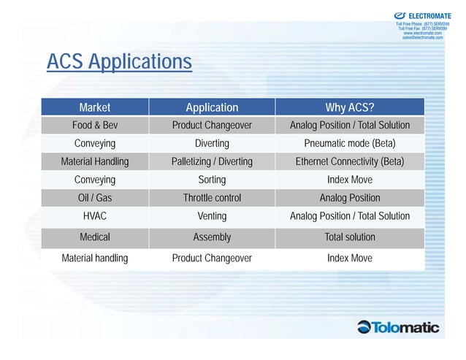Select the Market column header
tap(95, 107)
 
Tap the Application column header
tap(212, 107)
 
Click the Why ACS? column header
tap(350, 107)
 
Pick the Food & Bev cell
tap(95, 126)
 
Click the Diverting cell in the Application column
tap(212, 143)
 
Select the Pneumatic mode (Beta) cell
tap(350, 143)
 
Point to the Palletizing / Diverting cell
tap(212, 161)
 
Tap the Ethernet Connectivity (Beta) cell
tap(350, 161)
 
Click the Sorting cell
tap(212, 180)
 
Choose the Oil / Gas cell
tap(95, 198)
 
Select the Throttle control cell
tap(212, 198)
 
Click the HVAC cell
tap(95, 216)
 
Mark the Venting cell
tap(212, 216)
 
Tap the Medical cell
tap(95, 237)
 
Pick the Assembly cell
tap(212, 237)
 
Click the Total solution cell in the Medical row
tap(350, 237)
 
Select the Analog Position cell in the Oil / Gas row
tap(350, 198)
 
